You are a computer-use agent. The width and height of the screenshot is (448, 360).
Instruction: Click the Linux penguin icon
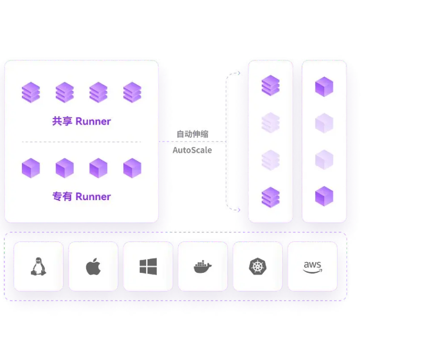point(38,267)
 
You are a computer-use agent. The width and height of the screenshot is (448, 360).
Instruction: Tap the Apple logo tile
point(93,267)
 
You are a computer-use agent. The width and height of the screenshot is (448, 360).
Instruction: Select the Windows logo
point(148,267)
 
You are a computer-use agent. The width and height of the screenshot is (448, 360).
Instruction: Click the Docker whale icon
point(203,267)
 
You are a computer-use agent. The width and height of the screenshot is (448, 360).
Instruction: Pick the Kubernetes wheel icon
point(257,267)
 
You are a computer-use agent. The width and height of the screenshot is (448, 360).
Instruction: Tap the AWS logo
point(312,267)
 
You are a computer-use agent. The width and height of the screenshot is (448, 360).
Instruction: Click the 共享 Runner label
point(81,121)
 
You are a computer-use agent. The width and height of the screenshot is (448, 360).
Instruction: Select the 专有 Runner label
point(81,197)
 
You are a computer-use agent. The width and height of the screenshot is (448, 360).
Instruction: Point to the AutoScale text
point(193,150)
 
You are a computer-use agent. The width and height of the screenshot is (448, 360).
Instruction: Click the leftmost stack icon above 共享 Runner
point(31,92)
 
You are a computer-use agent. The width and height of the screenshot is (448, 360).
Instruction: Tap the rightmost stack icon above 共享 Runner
point(132,92)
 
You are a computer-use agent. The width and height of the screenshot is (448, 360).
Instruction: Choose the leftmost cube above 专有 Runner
point(31,168)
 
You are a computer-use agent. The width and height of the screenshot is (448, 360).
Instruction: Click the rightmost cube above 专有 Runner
point(132,168)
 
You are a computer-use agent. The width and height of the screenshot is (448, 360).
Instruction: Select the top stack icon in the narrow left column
point(271,86)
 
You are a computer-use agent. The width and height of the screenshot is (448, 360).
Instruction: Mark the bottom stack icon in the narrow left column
point(271,197)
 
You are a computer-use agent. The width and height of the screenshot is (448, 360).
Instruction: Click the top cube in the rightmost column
point(324,86)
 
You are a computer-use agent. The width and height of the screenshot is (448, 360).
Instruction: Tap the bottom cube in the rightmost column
point(324,197)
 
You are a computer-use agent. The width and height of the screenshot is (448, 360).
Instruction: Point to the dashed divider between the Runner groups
point(81,142)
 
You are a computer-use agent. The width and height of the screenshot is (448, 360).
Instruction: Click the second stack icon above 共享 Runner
point(65,92)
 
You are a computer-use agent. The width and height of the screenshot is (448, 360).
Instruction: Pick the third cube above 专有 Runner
point(98,168)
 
